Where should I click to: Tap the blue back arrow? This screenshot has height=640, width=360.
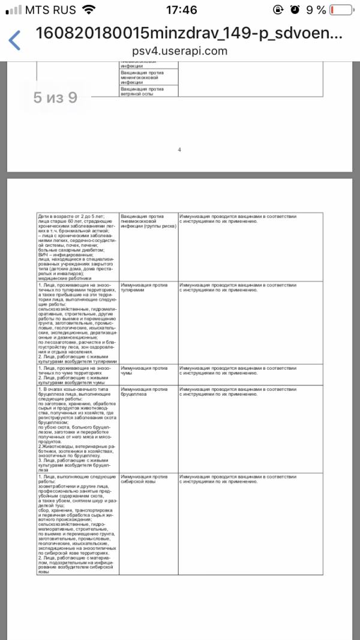[14, 40]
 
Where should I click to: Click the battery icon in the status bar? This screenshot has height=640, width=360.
[341, 10]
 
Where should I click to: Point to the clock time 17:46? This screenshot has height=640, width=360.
[180, 10]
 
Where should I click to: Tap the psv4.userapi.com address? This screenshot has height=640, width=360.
[180, 51]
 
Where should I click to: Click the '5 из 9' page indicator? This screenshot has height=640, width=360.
[55, 97]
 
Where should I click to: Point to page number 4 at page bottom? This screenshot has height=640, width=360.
[179, 149]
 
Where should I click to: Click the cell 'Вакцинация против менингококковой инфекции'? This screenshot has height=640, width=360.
[145, 77]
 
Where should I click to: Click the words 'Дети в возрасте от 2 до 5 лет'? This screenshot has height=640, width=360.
[71, 216]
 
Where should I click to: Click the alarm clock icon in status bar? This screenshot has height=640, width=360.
[295, 10]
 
